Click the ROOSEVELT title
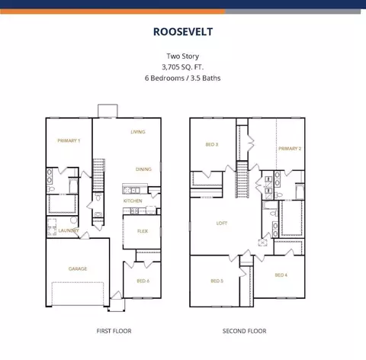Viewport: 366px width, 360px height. (x=183, y=32)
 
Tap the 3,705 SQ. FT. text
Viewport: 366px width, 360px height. (x=183, y=67)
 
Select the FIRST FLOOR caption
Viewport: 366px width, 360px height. (x=114, y=331)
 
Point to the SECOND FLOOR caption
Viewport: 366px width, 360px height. (x=244, y=331)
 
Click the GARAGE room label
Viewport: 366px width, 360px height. (x=78, y=268)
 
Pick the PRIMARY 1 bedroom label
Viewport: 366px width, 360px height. (x=69, y=140)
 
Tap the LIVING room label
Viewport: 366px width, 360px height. (x=138, y=132)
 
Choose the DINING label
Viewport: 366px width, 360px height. (x=143, y=169)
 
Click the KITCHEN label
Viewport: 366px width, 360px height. (x=133, y=201)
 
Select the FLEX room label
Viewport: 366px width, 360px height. (x=143, y=231)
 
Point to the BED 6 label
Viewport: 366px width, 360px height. (x=143, y=281)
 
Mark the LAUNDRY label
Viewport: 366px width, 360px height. (x=69, y=230)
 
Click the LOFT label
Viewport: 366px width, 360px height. (x=222, y=223)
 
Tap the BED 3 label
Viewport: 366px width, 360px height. (x=212, y=144)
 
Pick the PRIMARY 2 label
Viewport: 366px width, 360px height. (x=290, y=149)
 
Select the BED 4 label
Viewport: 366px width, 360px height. (x=281, y=275)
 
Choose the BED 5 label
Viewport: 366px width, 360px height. (x=217, y=281)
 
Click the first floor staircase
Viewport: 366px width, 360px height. (x=98, y=175)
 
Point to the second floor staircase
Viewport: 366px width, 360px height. (x=242, y=179)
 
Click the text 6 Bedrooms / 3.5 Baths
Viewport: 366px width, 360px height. (x=182, y=78)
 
